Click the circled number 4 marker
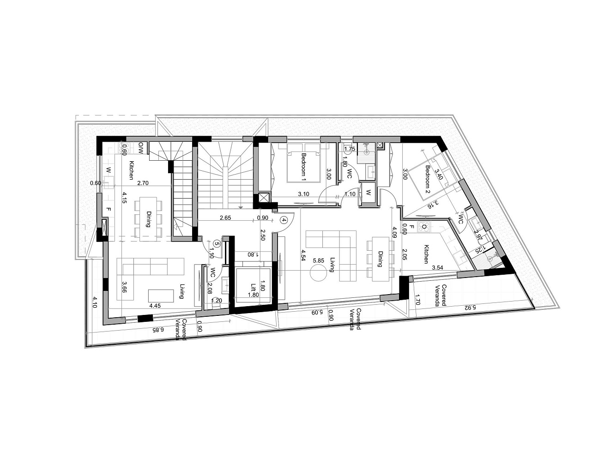pos(284,220)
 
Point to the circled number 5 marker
pos(217,244)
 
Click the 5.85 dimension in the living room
pos(318,260)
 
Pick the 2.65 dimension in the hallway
pos(225,218)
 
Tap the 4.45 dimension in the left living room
pos(155,306)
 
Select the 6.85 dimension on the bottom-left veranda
pos(158,330)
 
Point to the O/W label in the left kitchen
pos(141,148)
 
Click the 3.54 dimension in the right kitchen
pos(437,268)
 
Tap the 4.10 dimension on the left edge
pos(94,302)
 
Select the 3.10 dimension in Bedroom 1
pos(303,194)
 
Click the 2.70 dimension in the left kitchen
pos(143,183)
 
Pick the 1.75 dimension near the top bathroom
pos(350,149)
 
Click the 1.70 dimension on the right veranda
pos(417,300)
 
